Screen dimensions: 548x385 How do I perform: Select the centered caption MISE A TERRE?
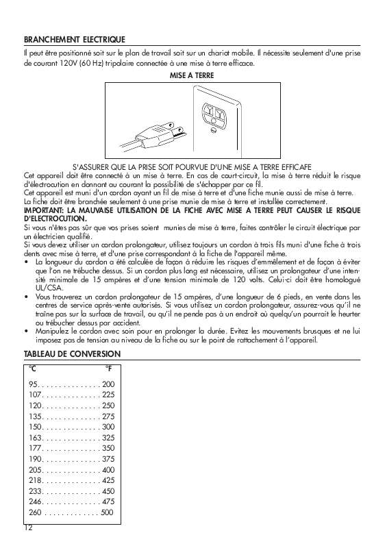[x=192, y=75]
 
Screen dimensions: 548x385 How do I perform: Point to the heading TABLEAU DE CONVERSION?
[x=72, y=353]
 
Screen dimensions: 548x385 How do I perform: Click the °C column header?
[x=33, y=369]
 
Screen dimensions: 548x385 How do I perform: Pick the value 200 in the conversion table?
[x=108, y=384]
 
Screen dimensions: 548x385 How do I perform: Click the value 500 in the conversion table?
[x=108, y=512]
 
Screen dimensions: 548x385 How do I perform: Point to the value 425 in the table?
[x=108, y=480]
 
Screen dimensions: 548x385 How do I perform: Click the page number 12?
[x=28, y=528]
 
